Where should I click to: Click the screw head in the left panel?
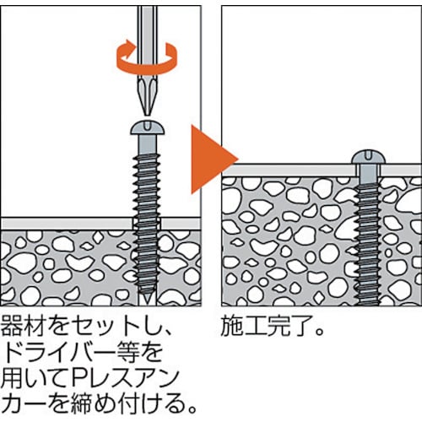tap(147, 128)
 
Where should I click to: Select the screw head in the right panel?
tap(369, 158)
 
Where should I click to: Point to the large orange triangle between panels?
tap(214, 160)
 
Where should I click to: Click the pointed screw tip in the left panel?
tap(147, 299)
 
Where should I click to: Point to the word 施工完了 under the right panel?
tap(264, 326)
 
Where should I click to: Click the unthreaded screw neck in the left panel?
tap(147, 144)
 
